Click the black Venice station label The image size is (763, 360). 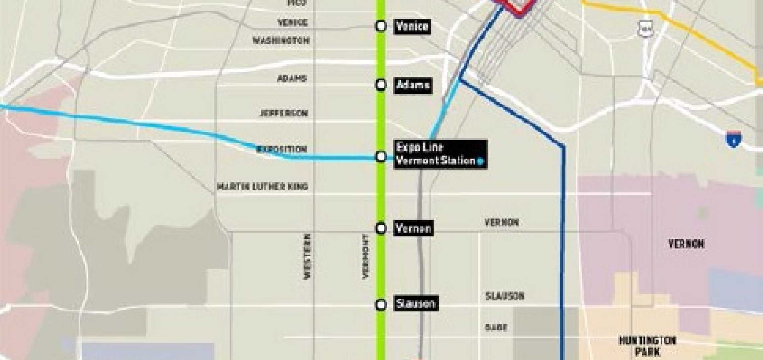pos(412,26)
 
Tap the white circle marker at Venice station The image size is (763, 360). pos(381,26)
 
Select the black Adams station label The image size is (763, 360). pos(413,85)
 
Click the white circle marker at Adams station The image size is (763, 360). pos(381,85)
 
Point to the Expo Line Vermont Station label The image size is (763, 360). pos(440,154)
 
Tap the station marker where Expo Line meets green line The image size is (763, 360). pos(381,156)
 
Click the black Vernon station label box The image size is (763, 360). pos(414,229)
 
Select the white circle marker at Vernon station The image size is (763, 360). pos(381,229)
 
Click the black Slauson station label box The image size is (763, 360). pos(416,303)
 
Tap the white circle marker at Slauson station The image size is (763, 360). pos(381,305)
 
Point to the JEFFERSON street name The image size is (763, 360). pos(284,113)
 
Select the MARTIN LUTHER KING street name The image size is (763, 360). pos(263,186)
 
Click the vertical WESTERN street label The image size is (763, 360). pos(307,256)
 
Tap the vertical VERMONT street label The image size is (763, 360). pos(366,256)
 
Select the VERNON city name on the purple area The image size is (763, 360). pos(686,244)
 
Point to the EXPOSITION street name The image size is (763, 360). pos(282,149)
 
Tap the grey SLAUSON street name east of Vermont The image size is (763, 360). pos(505,296)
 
